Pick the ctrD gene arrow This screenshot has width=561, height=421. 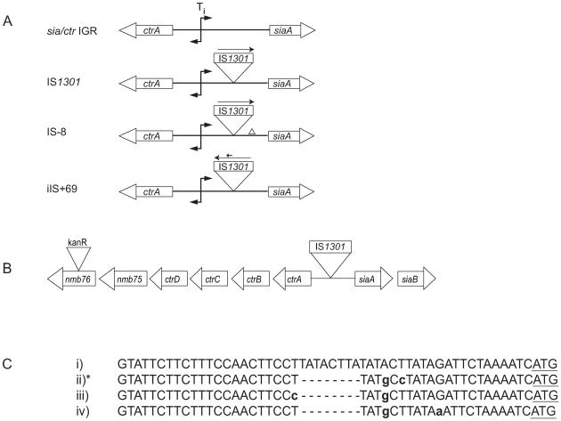click(169, 279)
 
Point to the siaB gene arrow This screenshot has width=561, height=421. click(417, 279)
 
